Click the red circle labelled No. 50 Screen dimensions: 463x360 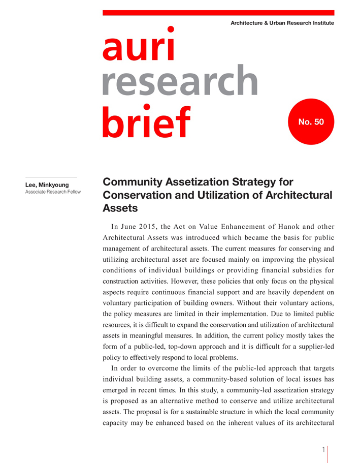tap(311, 122)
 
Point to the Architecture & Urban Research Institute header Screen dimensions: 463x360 tap(282, 23)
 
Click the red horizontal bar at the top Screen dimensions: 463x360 tap(218, 13)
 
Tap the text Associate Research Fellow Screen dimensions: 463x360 tap(53, 192)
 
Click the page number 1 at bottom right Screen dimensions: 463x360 tap(323, 450)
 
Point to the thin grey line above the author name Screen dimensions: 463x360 tap(51, 177)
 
